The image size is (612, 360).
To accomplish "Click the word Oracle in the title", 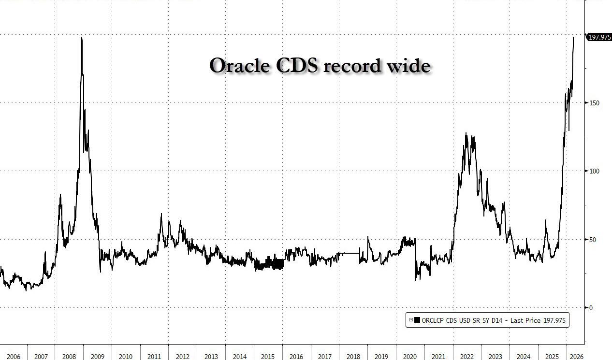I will pos(240,65).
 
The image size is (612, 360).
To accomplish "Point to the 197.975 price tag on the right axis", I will pos(599,37).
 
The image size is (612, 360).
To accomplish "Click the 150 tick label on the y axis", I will pos(594,103).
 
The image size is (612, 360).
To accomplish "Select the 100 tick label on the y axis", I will pos(594,171).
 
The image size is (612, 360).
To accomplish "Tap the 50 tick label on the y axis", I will pos(592,240).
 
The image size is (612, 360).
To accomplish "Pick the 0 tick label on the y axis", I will pos(590,308).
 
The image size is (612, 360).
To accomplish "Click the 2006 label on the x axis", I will pos(14,357).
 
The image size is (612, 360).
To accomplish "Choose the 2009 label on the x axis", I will pos(98,357).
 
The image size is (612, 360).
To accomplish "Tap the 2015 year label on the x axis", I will pos(268,357).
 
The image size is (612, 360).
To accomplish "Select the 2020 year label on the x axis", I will pos(409,357).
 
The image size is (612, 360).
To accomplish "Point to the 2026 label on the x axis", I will pos(576,357).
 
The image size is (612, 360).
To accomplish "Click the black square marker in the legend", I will pos(417,320).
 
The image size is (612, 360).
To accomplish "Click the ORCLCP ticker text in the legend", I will pos(434,320).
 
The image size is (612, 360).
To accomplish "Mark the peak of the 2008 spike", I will pos(81,38).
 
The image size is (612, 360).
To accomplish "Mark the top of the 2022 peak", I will pos(466,133).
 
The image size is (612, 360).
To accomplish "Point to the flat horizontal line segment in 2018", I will pos(349,253).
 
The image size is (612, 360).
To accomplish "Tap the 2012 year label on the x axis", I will pos(183,357).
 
